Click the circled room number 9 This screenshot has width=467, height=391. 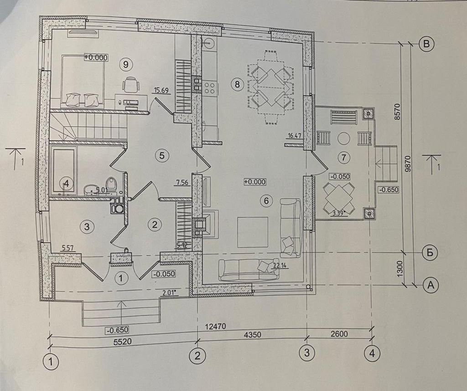click(125, 64)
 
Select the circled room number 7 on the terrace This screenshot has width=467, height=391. click(343, 157)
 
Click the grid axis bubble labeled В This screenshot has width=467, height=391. click(427, 44)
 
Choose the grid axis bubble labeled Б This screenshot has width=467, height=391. click(430, 252)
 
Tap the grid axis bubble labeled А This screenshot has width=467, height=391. click(430, 285)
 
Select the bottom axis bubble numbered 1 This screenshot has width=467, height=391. click(51, 362)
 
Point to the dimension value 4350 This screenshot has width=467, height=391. click(249, 334)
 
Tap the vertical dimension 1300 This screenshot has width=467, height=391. click(400, 268)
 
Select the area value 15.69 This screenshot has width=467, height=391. click(162, 90)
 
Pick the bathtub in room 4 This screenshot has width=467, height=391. click(64, 170)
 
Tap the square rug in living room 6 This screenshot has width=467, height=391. click(252, 232)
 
